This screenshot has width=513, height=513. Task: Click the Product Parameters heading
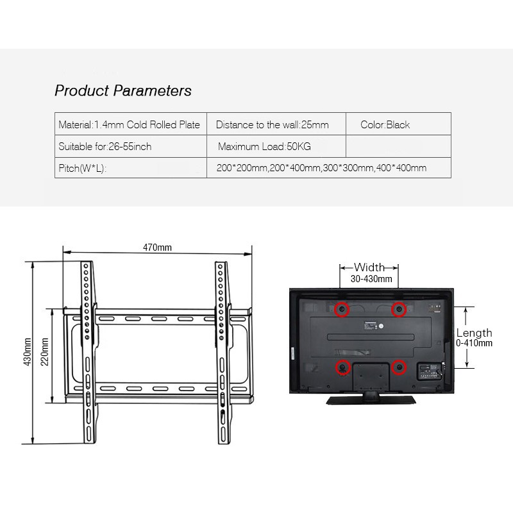[x=123, y=90]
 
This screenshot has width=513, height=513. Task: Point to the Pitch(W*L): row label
[x=83, y=168]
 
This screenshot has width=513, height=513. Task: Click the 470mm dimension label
[x=157, y=248]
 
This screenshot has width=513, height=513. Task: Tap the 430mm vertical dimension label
[x=28, y=352]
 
